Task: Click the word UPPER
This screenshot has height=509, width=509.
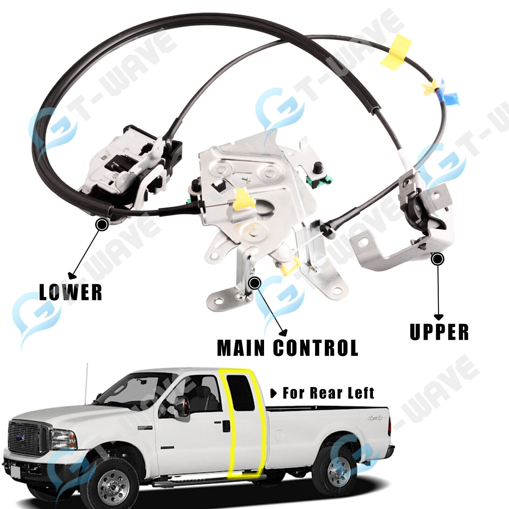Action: click(439, 332)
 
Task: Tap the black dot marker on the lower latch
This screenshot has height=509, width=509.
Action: click(102, 225)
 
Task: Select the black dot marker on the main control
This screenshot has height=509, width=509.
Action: click(254, 282)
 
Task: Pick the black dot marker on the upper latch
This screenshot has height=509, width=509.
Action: click(437, 259)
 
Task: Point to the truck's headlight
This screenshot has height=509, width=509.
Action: click(64, 439)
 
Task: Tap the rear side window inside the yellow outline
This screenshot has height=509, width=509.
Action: click(241, 393)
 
